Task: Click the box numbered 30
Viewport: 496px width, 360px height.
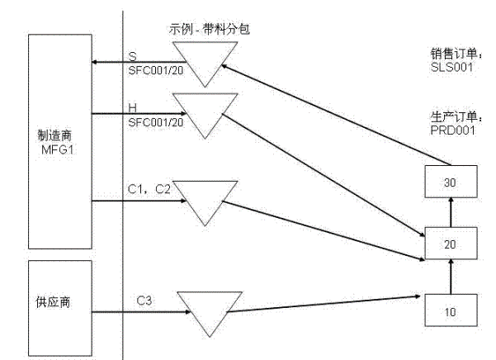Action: pos(449,180)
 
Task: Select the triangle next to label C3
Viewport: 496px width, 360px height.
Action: pos(210,307)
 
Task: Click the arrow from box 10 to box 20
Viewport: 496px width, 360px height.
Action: pos(449,276)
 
